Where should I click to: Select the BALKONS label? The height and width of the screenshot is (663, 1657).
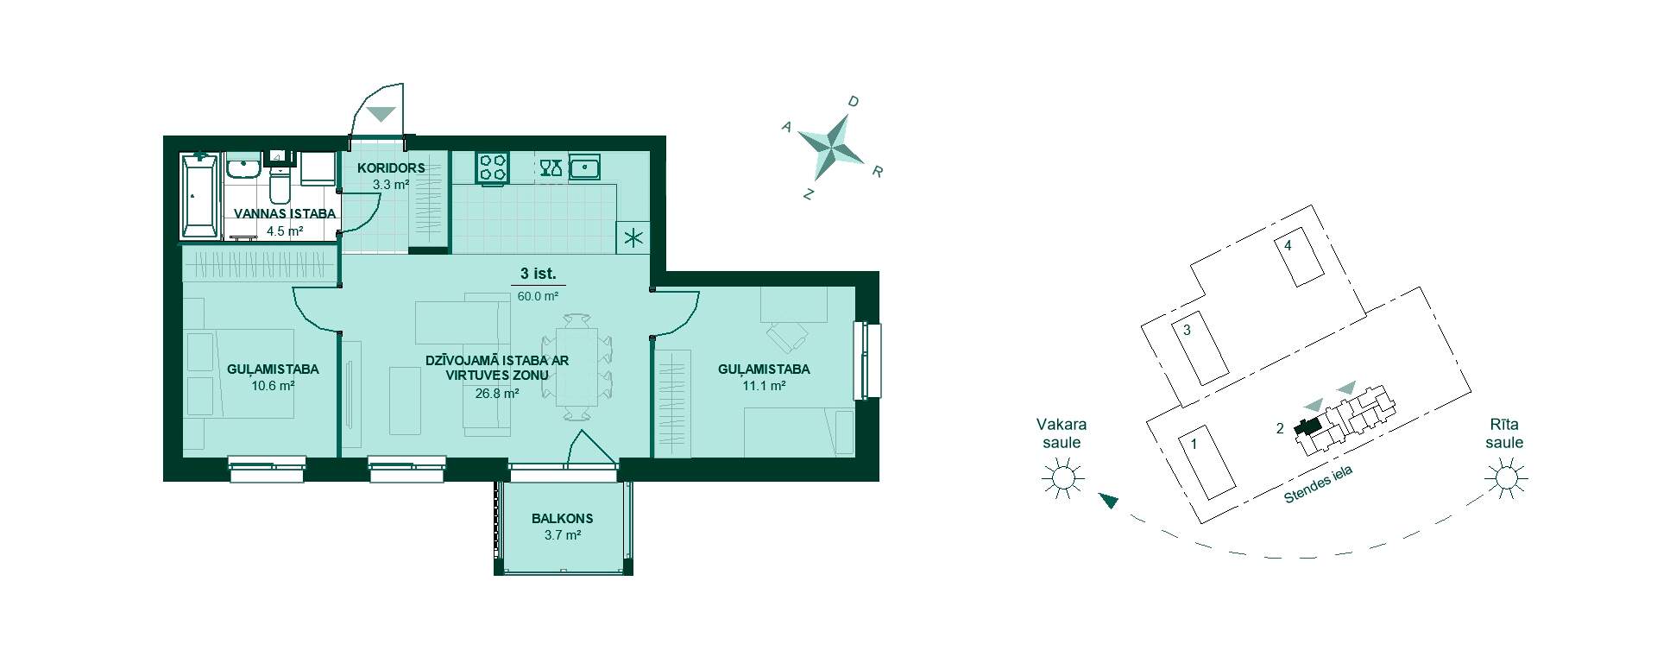coord(562,519)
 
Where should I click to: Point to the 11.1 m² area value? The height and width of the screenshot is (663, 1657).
coord(764,386)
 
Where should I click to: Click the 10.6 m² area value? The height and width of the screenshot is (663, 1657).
coord(273,386)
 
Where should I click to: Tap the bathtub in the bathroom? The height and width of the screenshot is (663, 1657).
coord(200,197)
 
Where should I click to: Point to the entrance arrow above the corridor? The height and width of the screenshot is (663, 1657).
coord(381,114)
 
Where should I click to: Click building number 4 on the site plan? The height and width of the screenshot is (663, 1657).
coord(1288,245)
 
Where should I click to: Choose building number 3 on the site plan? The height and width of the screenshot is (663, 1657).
coord(1187,330)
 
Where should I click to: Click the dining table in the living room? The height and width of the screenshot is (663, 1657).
coord(577,366)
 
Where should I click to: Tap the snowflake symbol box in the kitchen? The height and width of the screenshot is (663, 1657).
coord(634,238)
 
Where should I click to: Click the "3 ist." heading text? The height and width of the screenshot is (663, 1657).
coord(538,275)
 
